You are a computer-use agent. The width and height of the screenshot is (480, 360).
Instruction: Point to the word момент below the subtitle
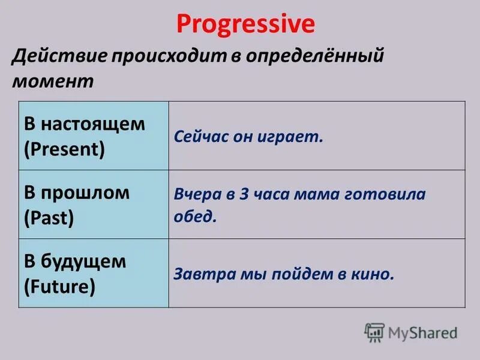tap(53, 82)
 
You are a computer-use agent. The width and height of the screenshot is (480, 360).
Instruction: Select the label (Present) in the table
tap(64, 148)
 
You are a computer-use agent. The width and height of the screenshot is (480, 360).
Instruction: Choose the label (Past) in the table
tap(49, 217)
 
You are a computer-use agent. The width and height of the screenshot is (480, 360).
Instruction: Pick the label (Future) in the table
tap(59, 286)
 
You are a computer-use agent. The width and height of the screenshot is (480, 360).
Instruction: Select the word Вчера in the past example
tap(194, 194)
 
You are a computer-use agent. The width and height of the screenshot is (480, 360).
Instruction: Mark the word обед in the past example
tap(193, 216)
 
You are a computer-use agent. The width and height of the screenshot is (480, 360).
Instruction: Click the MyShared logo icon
tap(374, 332)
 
